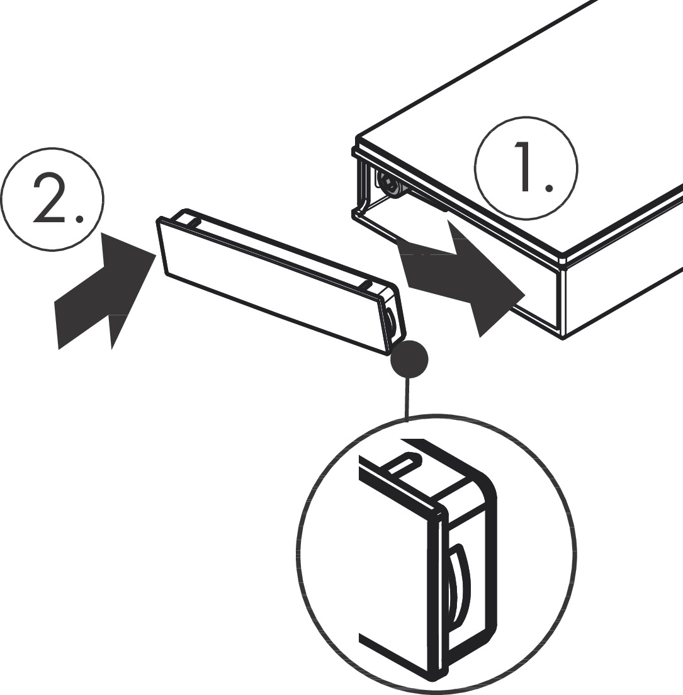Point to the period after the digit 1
click(549, 188)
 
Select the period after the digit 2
click(79, 219)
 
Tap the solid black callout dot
click(409, 360)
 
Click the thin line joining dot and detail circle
click(408, 397)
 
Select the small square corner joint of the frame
click(563, 259)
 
